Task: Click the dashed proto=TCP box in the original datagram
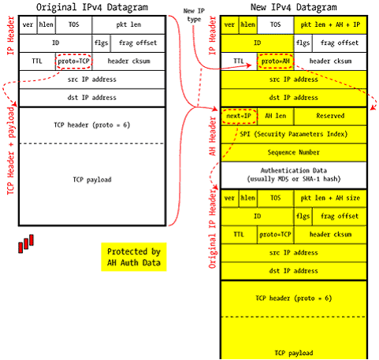point(74,61)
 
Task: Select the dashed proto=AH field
point(276,61)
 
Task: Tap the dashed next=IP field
point(239,116)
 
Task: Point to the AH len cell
point(276,116)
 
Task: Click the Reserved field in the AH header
point(330,116)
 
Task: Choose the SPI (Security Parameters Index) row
point(294,134)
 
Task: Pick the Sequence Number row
point(294,153)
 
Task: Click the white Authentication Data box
point(294,175)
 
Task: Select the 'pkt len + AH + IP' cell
point(330,25)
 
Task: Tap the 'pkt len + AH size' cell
point(330,199)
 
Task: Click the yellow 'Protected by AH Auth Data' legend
point(134,257)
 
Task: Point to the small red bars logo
point(26,243)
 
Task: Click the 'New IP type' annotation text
point(194,15)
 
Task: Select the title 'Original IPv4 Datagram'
point(92,7)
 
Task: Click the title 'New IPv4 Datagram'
point(294,7)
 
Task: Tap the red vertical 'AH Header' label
point(212,136)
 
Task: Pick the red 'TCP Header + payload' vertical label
point(11,150)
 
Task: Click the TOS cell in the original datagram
point(74,25)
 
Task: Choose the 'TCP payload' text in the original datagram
point(92,180)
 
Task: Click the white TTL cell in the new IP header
point(239,61)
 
